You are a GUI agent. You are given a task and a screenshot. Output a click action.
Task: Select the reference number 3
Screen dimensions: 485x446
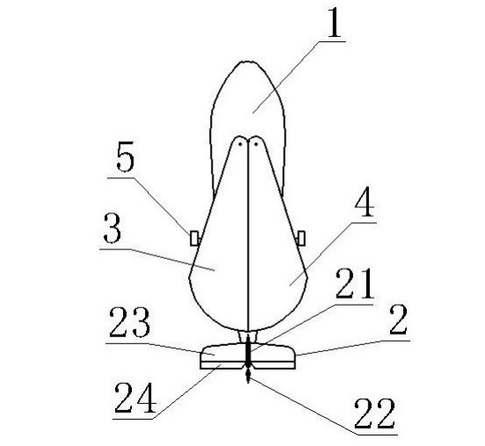coord(112,228)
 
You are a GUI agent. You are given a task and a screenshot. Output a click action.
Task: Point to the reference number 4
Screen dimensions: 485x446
coord(365,202)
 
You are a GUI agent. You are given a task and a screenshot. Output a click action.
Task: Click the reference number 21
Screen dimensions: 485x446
coord(355,284)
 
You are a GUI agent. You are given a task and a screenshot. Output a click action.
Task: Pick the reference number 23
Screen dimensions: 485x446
coord(130,321)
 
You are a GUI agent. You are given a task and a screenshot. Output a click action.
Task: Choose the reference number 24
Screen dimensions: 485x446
coord(135,398)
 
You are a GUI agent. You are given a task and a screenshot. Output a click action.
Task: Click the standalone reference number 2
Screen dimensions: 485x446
coord(398,320)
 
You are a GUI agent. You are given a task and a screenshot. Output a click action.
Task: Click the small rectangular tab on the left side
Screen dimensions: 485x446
coord(194,238)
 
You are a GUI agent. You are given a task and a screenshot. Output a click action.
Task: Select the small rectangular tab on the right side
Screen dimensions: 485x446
coord(301,238)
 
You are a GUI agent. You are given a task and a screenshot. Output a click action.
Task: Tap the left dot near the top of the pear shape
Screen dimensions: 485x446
coord(241,144)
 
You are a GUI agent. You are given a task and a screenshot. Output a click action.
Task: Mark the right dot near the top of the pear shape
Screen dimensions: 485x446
coord(256,144)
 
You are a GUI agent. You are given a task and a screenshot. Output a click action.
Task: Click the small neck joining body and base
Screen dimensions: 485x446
coord(248,337)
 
